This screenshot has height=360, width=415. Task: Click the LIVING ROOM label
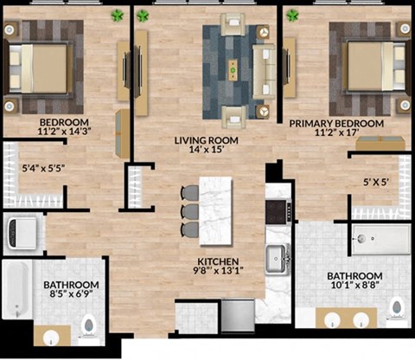[x=206, y=139]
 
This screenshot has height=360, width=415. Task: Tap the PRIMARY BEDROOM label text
[x=336, y=124]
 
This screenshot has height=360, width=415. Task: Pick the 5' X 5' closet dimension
[x=377, y=183]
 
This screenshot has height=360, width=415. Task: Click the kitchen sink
[x=278, y=256]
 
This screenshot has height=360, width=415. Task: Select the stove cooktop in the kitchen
[x=279, y=210]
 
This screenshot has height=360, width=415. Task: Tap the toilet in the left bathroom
[x=89, y=325]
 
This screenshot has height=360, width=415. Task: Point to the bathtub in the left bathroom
[x=16, y=290]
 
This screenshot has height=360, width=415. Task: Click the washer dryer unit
[x=21, y=231]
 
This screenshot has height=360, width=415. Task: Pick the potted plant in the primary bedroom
[x=292, y=15]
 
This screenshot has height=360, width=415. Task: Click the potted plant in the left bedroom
[x=117, y=16]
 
